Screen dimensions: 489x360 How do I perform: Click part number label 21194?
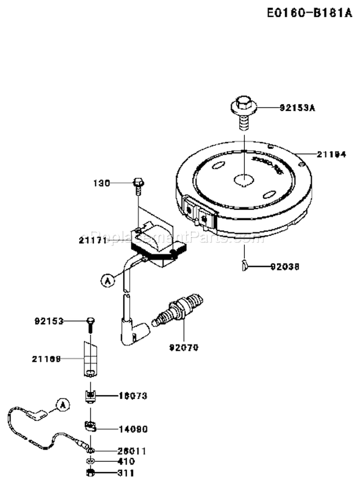point(331,154)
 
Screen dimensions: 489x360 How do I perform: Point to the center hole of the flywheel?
point(244,179)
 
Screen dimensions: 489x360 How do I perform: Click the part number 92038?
point(286,265)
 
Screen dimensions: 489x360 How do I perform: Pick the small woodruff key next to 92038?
point(244,263)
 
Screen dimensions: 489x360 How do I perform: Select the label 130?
point(102,183)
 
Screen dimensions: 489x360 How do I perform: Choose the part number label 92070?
point(184,346)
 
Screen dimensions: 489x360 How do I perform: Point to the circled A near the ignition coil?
point(107,279)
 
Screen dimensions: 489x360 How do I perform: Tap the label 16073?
point(132,396)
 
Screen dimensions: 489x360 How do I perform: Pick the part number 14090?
point(132,429)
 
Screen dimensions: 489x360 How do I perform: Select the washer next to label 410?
point(90,462)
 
